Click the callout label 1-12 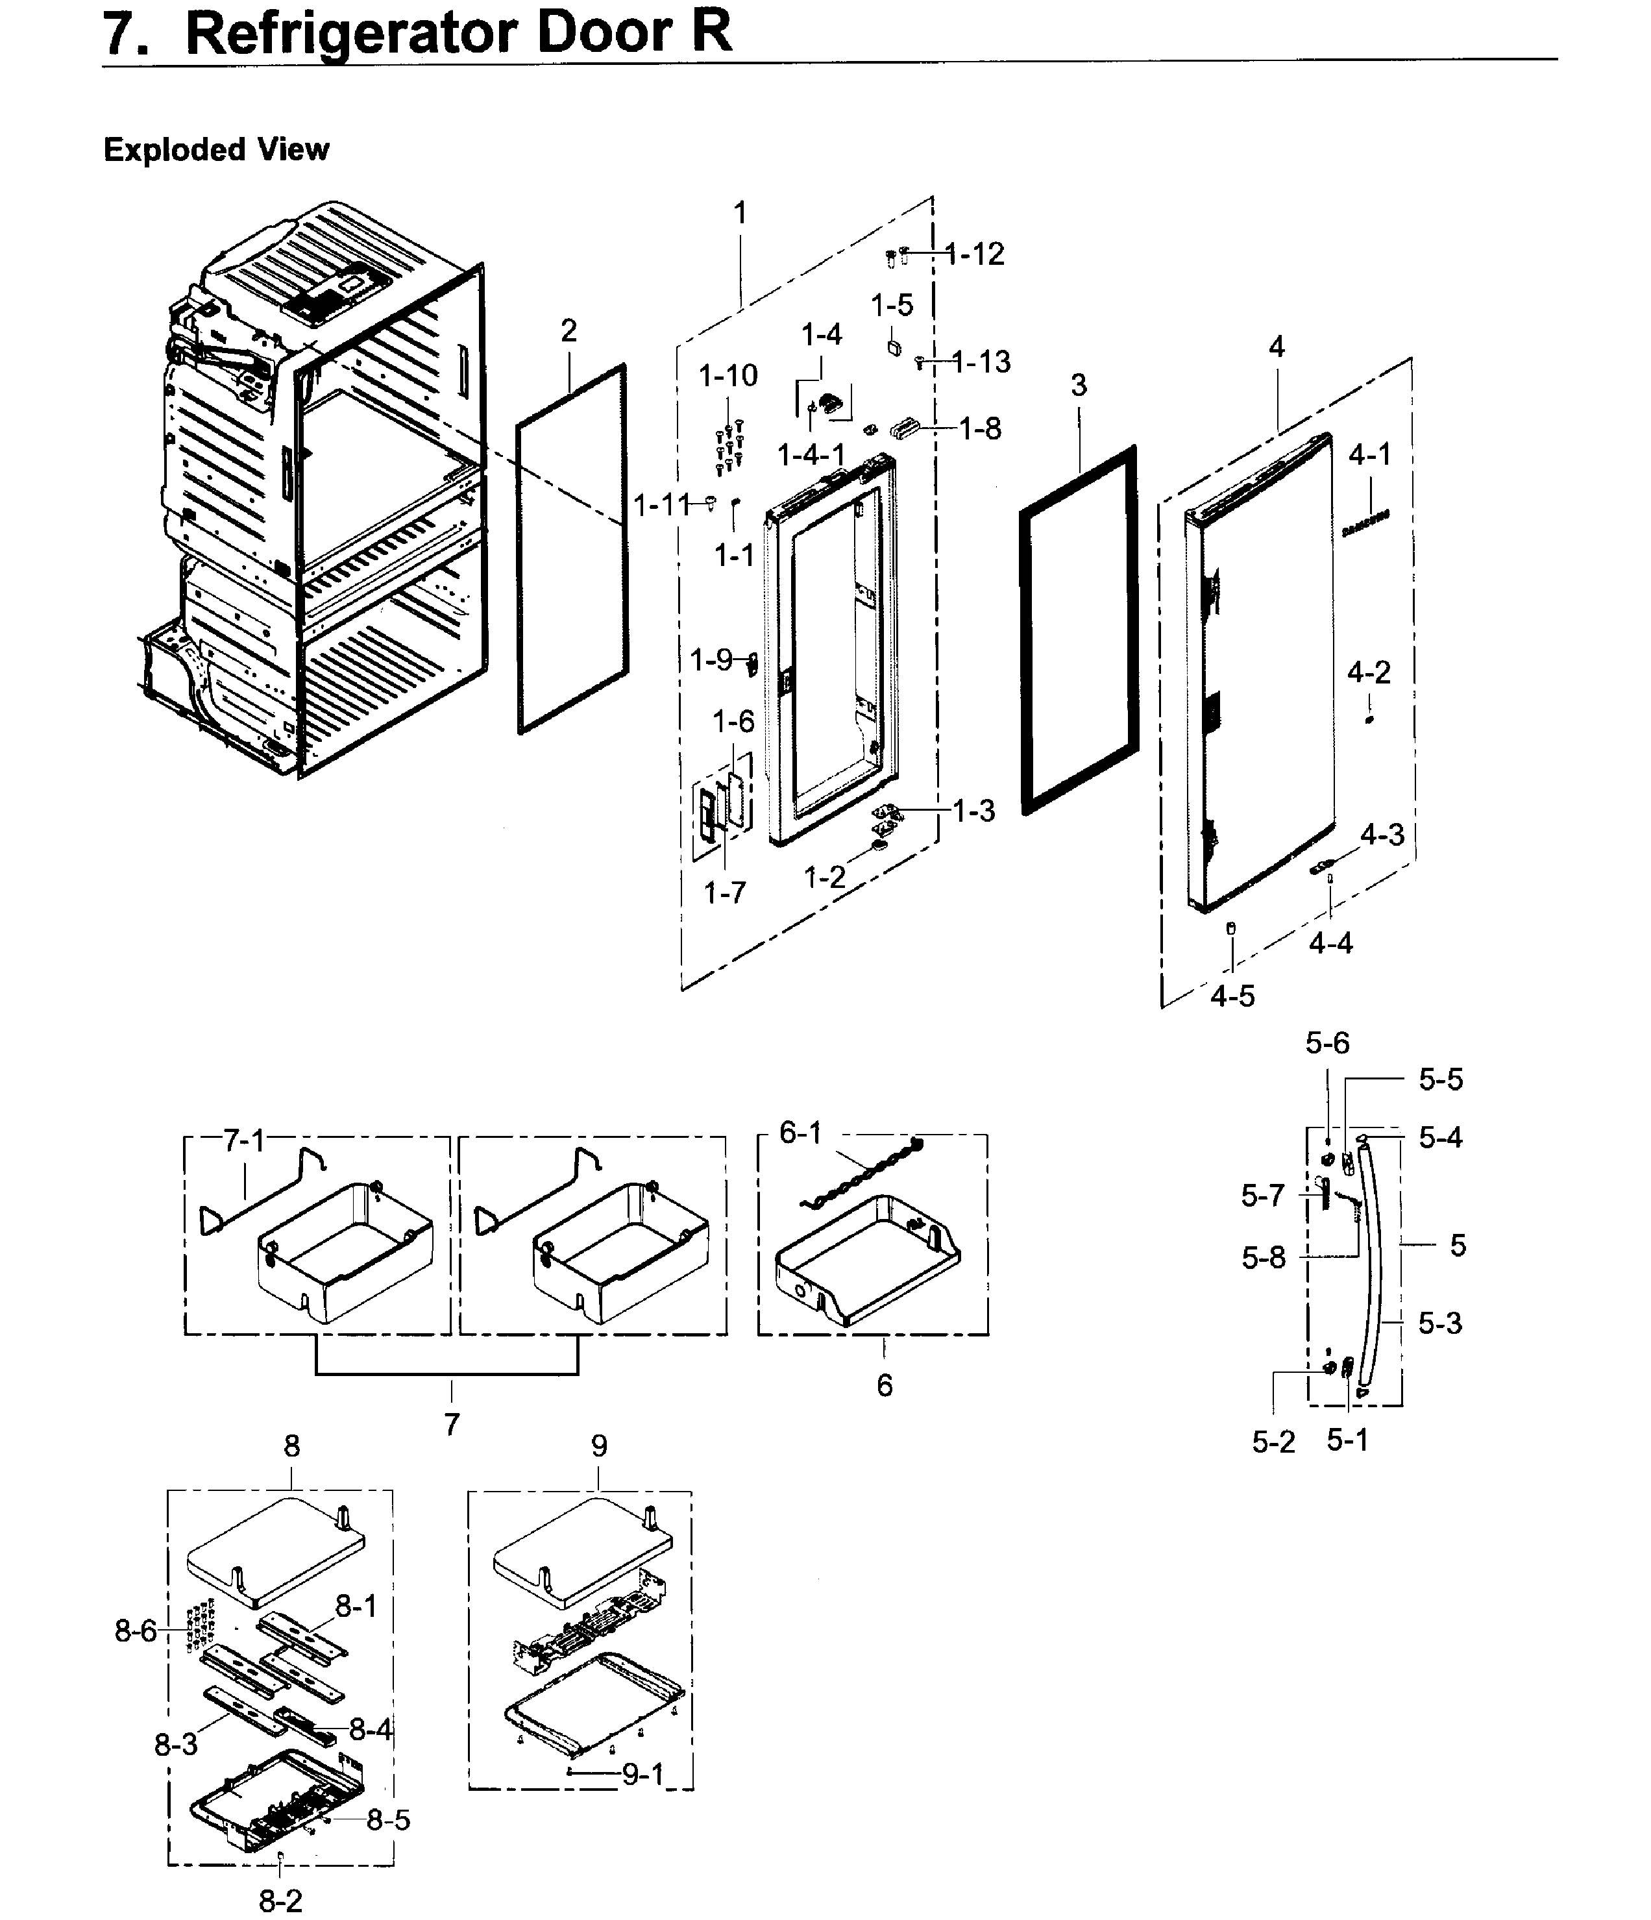click(975, 254)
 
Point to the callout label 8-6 click(135, 1631)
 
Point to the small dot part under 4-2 click(1369, 719)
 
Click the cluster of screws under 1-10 click(728, 448)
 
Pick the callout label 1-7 click(724, 892)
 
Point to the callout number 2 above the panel click(569, 331)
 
